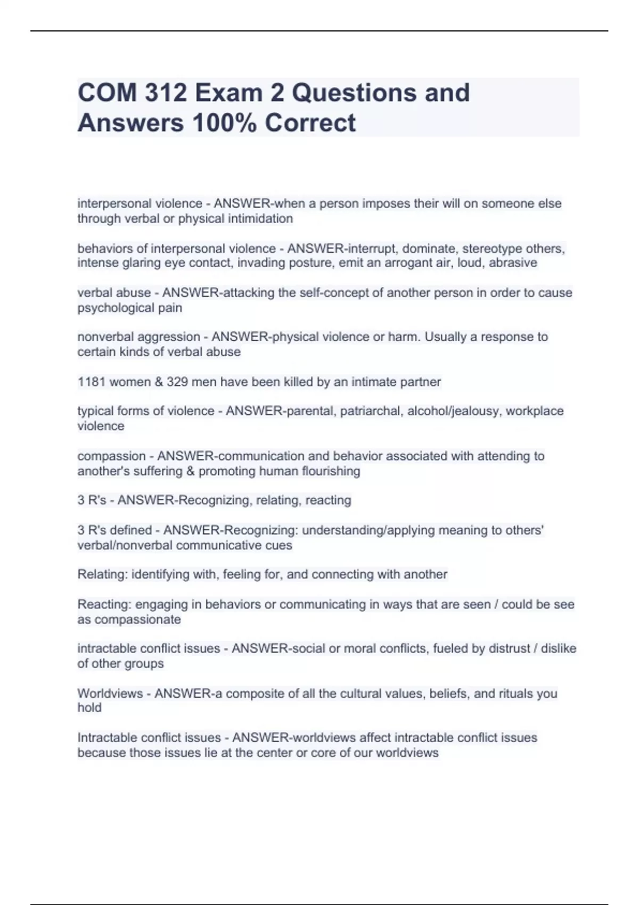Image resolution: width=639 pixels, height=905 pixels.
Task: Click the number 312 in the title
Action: point(166,93)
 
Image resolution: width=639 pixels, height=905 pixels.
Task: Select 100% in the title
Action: point(224,123)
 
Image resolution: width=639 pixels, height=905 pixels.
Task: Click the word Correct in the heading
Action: point(310,123)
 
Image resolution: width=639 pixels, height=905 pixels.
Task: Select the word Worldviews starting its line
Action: point(110,694)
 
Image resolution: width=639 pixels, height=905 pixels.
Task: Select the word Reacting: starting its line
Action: point(104,605)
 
